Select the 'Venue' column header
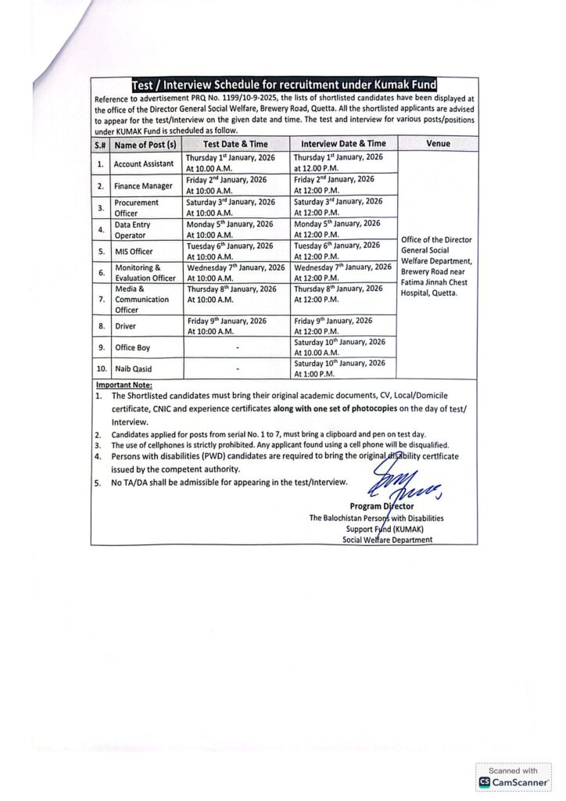pos(437,144)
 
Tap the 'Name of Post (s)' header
pos(144,145)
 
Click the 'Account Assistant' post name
pos(144,164)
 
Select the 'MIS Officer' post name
pos(134,252)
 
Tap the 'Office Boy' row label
pos(132,347)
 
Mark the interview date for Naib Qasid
pos(339,368)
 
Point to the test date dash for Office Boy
pos(237,347)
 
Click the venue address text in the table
pos(436,266)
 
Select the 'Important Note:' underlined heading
pos(124,385)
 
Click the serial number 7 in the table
pos(100,299)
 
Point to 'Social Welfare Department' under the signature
pos(387,539)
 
